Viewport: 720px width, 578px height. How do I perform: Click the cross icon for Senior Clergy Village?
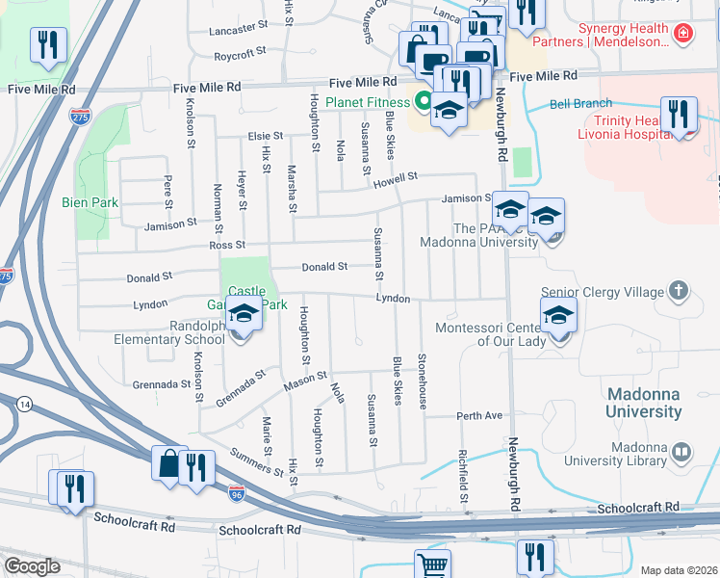click(x=679, y=291)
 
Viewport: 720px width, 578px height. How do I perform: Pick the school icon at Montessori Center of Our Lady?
click(x=557, y=317)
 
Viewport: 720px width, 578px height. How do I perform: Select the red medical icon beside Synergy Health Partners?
click(x=683, y=34)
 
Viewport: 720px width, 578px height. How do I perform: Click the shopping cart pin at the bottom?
click(x=432, y=565)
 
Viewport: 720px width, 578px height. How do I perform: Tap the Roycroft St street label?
click(x=240, y=56)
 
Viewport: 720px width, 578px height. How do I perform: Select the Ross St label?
click(x=227, y=246)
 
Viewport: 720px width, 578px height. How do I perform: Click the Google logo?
click(x=32, y=566)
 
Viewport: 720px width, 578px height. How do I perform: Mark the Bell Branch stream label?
click(x=580, y=103)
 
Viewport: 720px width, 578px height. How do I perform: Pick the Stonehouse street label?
click(x=422, y=381)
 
